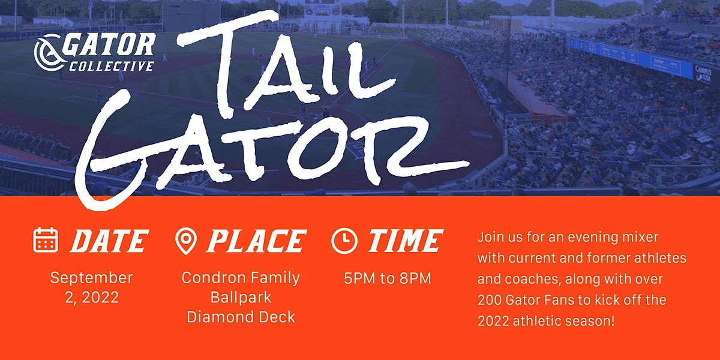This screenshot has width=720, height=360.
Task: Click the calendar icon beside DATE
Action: pyautogui.click(x=46, y=239)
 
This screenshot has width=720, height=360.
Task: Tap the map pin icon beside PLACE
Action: pyautogui.click(x=186, y=240)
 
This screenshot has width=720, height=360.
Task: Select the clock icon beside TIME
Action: pyautogui.click(x=344, y=240)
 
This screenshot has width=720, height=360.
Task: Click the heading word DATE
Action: pyautogui.click(x=108, y=241)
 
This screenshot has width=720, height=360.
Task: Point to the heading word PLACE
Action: pyautogui.click(x=256, y=241)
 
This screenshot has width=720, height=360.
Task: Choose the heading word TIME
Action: pyautogui.click(x=405, y=241)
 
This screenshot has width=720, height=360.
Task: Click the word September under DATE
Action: pyautogui.click(x=91, y=278)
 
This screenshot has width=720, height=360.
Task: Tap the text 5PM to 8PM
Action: pyautogui.click(x=388, y=278)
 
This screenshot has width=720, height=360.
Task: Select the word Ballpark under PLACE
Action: pyautogui.click(x=241, y=298)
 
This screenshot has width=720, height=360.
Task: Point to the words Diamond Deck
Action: pyautogui.click(x=241, y=317)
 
